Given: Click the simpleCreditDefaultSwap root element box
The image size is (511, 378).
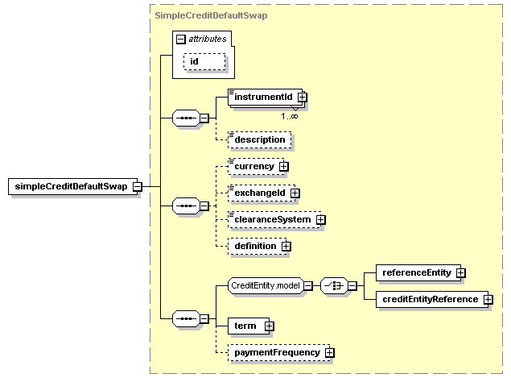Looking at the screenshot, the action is tap(72, 186).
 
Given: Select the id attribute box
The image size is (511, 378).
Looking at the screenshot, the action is tap(204, 62).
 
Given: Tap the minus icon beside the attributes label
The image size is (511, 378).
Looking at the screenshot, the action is tap(180, 39).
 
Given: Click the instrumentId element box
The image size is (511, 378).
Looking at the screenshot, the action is tap(266, 97).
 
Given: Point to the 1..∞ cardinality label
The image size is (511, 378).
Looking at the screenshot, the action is tap(290, 116).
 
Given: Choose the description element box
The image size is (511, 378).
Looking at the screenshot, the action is tap(260, 139).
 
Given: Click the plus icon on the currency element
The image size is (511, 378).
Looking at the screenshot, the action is tap(284, 167).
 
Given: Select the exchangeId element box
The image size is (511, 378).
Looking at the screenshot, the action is tap(262, 193).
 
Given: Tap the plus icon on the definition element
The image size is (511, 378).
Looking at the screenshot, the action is tap(286, 246).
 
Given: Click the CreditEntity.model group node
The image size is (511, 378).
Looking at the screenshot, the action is tap(266, 285).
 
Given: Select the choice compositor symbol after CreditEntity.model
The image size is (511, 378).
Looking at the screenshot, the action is tap(335, 286).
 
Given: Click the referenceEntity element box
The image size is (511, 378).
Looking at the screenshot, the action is tap(418, 272).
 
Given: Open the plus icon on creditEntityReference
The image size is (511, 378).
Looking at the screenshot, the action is tap(488, 299).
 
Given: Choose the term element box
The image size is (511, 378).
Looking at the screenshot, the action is tap(249, 326).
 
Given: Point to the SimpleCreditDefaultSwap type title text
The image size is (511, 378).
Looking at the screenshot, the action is tap(211, 15).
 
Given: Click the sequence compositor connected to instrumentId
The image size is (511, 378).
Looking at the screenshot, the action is tap(186, 118).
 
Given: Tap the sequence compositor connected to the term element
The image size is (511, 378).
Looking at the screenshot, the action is tap(186, 318).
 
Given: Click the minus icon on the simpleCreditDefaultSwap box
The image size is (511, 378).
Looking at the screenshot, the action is tap(138, 186).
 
